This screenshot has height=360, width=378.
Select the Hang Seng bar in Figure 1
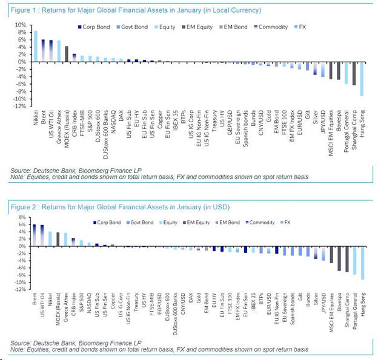point(362,79)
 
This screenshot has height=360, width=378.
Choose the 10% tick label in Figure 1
point(19,25)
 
